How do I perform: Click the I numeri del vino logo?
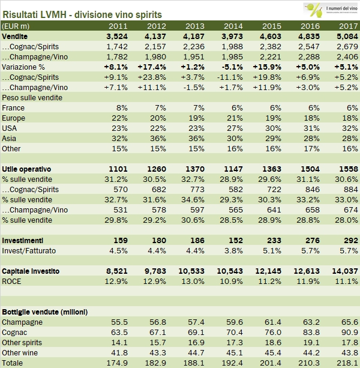click(x=328, y=10)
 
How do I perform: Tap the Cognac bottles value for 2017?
click(x=346, y=332)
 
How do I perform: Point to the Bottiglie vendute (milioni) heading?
click(x=44, y=312)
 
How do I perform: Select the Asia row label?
click(x=11, y=138)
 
